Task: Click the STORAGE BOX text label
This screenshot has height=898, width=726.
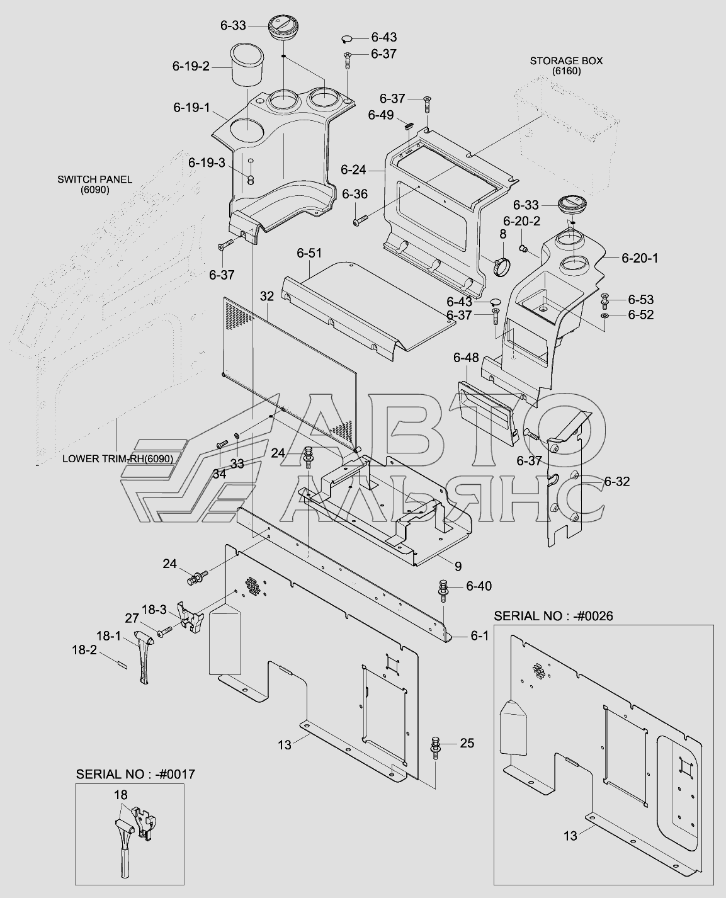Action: tap(566, 60)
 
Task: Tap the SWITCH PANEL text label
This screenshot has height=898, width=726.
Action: tap(95, 179)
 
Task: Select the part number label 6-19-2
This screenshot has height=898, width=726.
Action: tap(191, 66)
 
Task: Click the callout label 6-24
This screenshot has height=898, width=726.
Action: tap(353, 170)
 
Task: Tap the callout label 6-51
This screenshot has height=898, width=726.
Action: tap(309, 253)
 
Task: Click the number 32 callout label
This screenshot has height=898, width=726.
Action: tap(267, 297)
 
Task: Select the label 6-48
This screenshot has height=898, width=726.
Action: tap(466, 358)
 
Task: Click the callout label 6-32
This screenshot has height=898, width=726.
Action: tap(617, 482)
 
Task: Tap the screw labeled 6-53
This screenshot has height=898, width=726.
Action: tap(605, 301)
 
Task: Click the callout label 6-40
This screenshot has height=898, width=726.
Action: tap(479, 586)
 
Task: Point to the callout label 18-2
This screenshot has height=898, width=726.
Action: tap(84, 650)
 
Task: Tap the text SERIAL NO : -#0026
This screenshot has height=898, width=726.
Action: tap(553, 616)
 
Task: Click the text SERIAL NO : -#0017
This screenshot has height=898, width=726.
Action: tap(135, 774)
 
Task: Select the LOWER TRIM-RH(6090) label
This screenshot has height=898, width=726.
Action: tap(118, 458)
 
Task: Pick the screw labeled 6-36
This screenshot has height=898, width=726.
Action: tap(361, 219)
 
